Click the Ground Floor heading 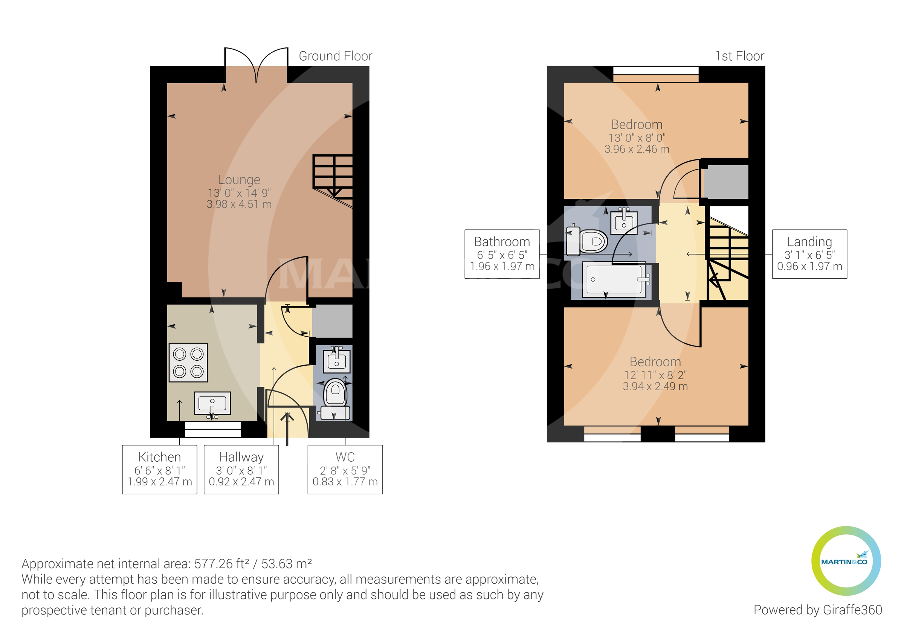(335, 56)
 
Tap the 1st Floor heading (739, 56)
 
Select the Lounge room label (239, 180)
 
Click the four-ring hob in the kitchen (188, 363)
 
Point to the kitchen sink (212, 403)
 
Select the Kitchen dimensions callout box (159, 469)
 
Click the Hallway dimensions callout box (241, 469)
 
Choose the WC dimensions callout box (345, 469)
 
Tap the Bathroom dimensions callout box (502, 254)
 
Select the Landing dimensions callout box (809, 254)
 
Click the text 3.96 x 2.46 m (637, 149)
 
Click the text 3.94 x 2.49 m (655, 386)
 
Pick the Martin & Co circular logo (846, 561)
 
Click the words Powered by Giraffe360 (817, 610)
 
